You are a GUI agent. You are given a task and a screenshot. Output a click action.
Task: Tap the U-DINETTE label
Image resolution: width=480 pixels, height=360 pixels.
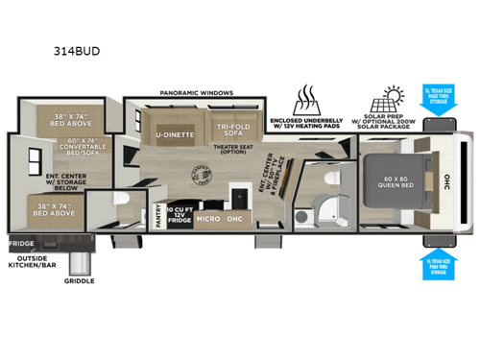176,135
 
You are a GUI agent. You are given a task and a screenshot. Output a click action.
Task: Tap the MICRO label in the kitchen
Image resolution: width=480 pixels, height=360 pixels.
209,218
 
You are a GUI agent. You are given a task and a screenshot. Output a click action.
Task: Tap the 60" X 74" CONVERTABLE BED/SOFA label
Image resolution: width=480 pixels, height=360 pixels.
71,150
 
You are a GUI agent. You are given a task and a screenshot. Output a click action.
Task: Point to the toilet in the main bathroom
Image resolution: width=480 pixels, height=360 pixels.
329,180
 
